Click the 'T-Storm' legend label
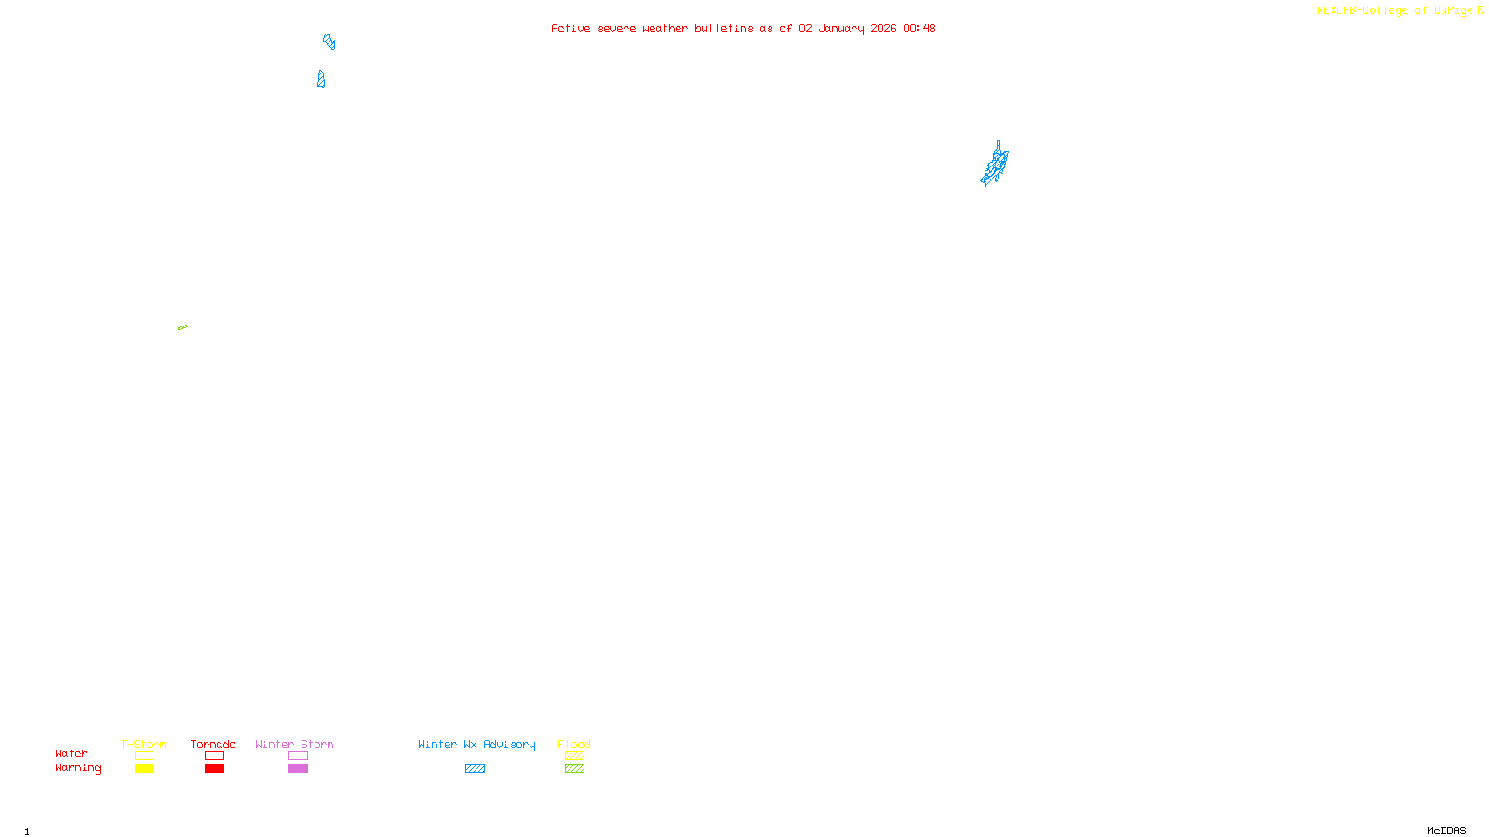(143, 744)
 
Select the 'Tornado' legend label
(213, 744)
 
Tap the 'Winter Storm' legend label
(294, 744)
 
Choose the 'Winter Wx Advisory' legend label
(476, 744)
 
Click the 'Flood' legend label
(574, 744)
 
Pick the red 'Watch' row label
(72, 753)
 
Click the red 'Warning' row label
(77, 768)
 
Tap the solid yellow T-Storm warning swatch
(144, 769)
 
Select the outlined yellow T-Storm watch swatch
(144, 756)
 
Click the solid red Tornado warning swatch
(214, 769)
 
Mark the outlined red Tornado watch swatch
(214, 756)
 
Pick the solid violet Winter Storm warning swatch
(298, 769)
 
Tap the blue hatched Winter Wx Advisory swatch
(475, 769)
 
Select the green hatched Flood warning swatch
(574, 769)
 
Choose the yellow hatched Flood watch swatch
(574, 756)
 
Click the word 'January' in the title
(841, 28)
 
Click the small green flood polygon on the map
(182, 327)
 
